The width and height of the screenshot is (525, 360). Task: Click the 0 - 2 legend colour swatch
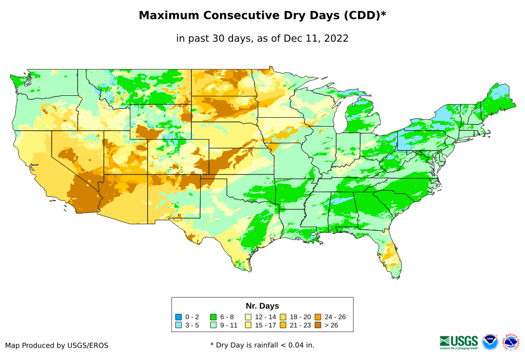pyautogui.click(x=178, y=317)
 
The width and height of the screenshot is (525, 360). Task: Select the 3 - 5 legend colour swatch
pyautogui.click(x=178, y=325)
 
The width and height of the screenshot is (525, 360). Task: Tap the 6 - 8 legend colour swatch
pyautogui.click(x=213, y=317)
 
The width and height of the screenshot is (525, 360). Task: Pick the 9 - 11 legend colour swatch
pyautogui.click(x=213, y=325)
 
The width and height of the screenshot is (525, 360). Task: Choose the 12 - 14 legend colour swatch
pyautogui.click(x=248, y=317)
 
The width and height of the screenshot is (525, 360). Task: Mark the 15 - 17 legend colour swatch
pyautogui.click(x=248, y=325)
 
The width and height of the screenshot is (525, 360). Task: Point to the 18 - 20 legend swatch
pyautogui.click(x=283, y=317)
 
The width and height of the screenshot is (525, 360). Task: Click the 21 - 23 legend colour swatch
pyautogui.click(x=283, y=325)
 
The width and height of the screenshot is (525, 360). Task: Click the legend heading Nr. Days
pyautogui.click(x=262, y=306)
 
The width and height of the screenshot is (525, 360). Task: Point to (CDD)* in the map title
pyautogui.click(x=364, y=16)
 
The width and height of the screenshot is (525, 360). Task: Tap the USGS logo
pyautogui.click(x=459, y=342)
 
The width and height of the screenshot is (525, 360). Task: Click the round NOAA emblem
pyautogui.click(x=490, y=342)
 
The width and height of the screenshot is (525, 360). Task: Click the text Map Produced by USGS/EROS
pyautogui.click(x=57, y=345)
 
